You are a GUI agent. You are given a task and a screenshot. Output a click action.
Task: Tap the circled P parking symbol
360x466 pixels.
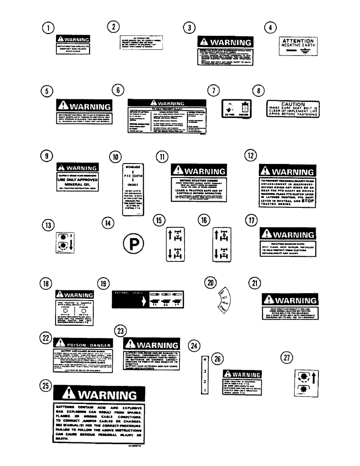(133, 242)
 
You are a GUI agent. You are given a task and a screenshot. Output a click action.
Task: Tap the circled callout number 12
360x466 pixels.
(250, 156)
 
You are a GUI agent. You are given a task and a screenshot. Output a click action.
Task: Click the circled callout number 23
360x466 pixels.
(120, 331)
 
